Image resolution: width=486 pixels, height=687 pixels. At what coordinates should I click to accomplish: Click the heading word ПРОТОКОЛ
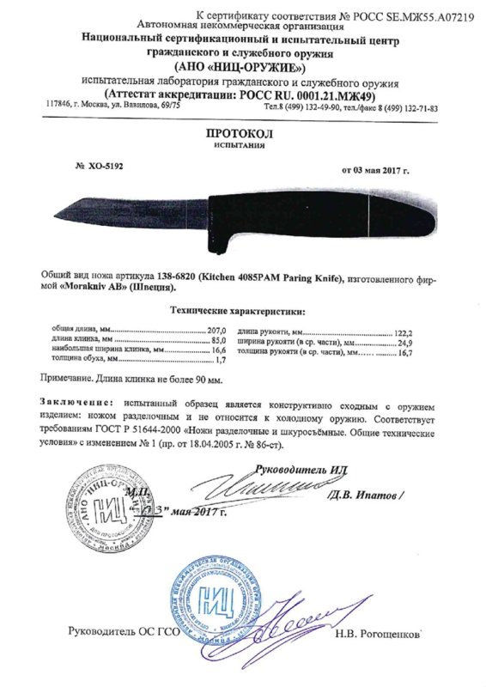pos(242,135)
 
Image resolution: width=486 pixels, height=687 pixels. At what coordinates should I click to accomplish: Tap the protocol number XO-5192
pos(99,166)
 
